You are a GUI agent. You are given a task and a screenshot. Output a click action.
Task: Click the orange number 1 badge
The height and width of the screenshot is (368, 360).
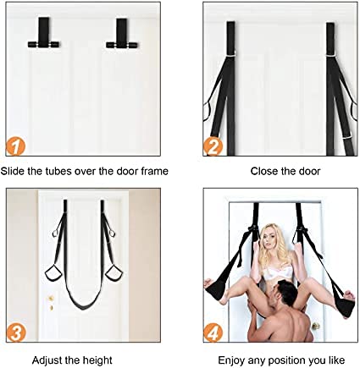(15, 146)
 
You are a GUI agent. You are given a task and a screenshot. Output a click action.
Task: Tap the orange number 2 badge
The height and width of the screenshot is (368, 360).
(213, 146)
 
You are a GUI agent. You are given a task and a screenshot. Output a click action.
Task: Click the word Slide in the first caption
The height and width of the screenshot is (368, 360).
(13, 171)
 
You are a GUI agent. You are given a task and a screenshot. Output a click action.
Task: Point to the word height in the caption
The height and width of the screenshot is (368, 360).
(97, 360)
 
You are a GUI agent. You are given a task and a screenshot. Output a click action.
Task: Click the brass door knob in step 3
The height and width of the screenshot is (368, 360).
(51, 298)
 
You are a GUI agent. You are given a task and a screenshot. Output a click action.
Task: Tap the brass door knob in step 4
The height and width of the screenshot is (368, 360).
(315, 326)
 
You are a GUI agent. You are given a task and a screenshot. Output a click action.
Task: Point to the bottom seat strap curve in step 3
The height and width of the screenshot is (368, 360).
(84, 306)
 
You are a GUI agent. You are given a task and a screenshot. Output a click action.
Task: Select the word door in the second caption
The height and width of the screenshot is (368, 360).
(309, 171)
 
